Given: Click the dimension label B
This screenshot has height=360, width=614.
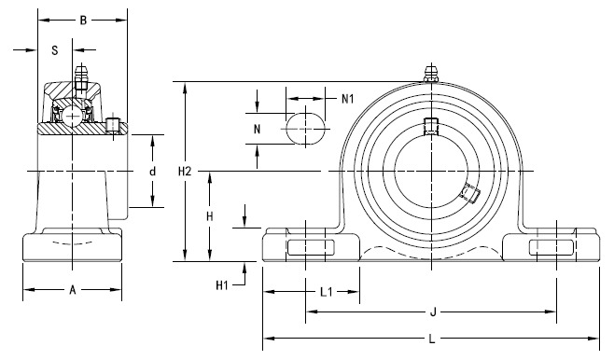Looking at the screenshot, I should click(83, 19).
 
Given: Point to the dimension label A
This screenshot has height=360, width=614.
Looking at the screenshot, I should click(72, 289).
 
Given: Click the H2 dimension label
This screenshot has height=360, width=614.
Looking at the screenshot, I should click(185, 172).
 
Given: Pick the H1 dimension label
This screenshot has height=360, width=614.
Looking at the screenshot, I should click(222, 284).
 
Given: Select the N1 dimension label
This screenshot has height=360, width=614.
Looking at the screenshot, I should click(347, 98).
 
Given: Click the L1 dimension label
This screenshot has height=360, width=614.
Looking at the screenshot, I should click(328, 291).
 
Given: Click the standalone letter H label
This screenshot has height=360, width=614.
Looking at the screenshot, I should click(210, 216).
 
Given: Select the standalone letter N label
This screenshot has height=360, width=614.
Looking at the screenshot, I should click(258, 129).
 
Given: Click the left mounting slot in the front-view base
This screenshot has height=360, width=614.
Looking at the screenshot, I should click(310, 246).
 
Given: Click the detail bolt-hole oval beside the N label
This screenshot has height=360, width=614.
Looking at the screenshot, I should click(307, 127).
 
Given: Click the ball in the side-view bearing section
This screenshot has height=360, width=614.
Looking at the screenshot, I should click(69, 115).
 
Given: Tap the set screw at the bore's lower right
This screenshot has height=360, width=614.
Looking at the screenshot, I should click(469, 194).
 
